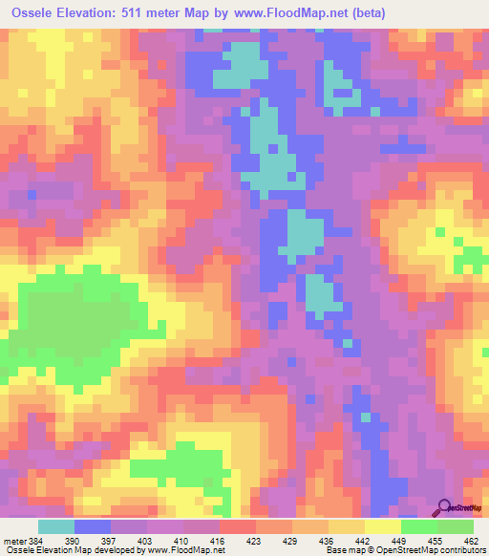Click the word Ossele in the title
(37, 13)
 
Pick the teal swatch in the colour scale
(56, 526)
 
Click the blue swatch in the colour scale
(93, 526)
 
